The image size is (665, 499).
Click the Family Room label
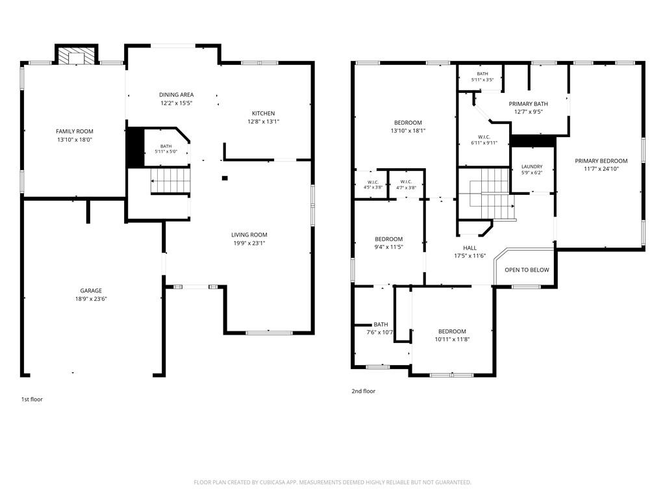(75, 131)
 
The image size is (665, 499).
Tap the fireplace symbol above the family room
(77, 56)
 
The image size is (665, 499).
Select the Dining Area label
(177, 95)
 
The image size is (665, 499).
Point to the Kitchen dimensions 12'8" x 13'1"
(264, 122)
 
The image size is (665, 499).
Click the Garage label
(91, 290)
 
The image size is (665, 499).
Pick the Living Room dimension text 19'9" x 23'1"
(249, 243)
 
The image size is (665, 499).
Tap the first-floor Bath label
(166, 146)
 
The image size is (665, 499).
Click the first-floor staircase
(170, 181)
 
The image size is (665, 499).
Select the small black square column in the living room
(225, 178)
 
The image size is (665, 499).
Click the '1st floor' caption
(32, 400)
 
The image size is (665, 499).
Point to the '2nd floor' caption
(364, 391)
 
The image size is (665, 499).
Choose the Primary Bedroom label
(601, 161)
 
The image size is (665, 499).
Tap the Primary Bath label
(529, 104)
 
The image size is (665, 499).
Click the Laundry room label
(532, 167)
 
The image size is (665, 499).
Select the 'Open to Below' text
(527, 270)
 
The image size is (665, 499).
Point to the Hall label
(470, 248)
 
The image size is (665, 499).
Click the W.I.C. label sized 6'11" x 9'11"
(484, 137)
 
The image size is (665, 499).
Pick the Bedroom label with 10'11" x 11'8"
(452, 331)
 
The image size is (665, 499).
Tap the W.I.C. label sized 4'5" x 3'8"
(373, 182)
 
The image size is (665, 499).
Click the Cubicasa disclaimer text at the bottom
(332, 483)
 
